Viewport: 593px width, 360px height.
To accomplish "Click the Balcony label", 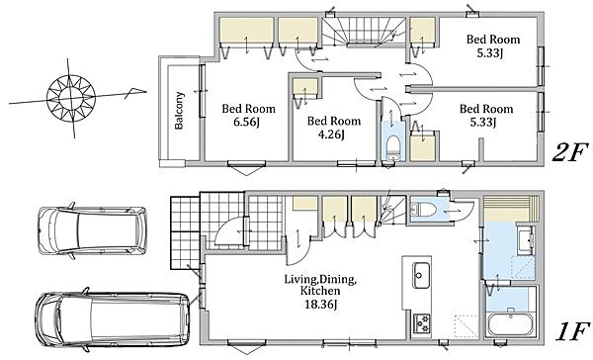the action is point(179,111).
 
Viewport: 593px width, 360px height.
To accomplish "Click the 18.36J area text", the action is point(321,304).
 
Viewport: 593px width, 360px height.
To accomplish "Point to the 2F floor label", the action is point(570,152).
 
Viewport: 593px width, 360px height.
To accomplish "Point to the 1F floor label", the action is point(573,332).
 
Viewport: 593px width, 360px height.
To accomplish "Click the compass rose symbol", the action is point(71,99).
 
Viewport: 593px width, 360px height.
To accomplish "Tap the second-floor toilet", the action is point(393,148).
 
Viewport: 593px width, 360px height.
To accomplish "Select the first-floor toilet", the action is point(420,209).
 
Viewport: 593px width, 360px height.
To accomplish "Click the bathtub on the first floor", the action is point(510,324).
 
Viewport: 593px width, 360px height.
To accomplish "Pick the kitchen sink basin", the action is point(421,275).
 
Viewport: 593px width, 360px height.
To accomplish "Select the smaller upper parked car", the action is point(92,230).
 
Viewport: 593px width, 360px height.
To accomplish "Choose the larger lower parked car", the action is point(113,320).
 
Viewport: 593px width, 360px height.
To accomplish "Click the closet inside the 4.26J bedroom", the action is point(305,89).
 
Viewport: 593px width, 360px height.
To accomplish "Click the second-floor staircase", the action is point(365,31).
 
